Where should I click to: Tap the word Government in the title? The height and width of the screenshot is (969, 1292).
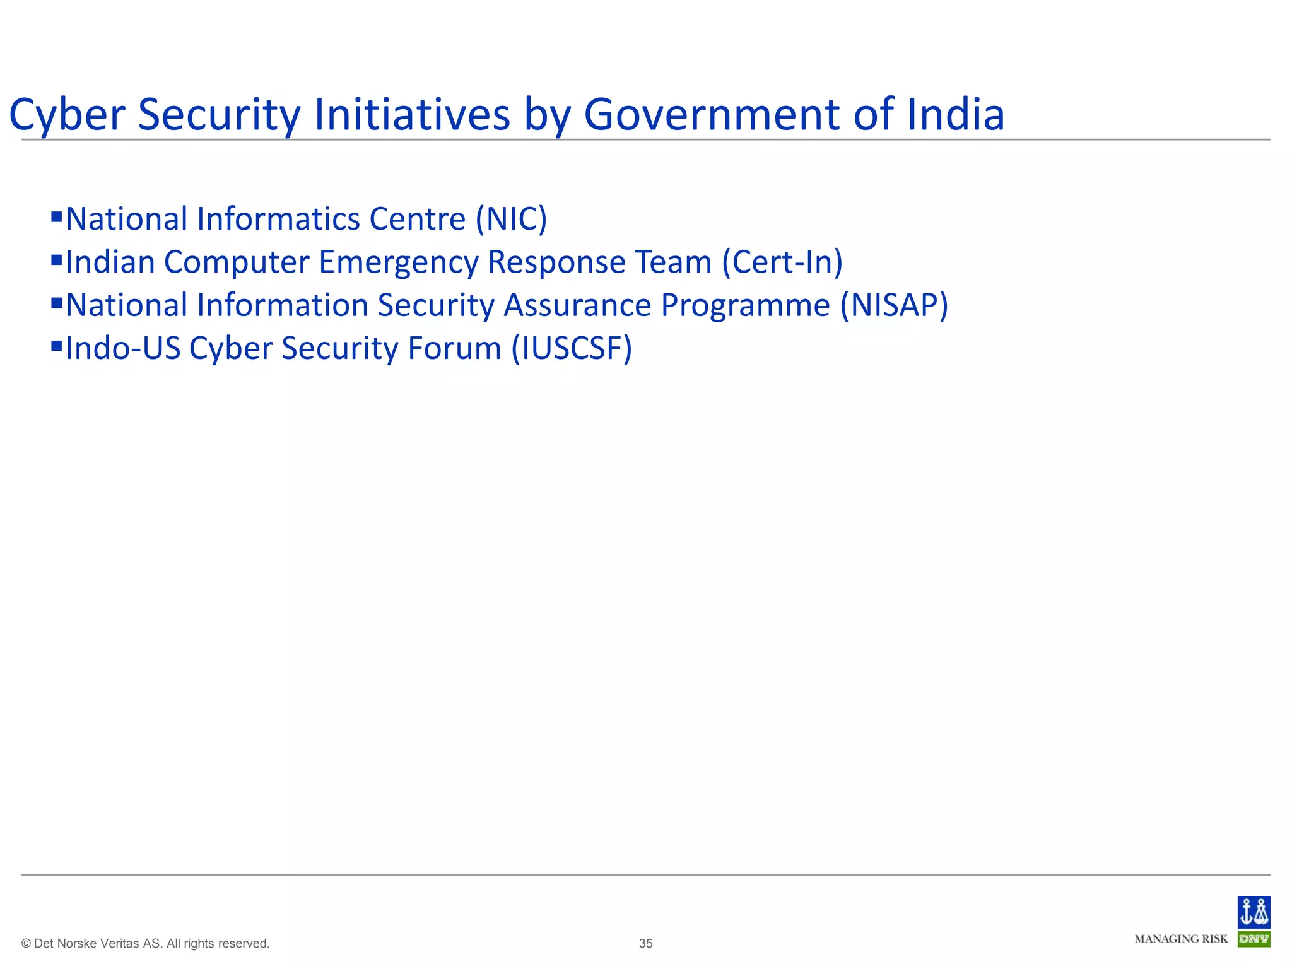click(712, 115)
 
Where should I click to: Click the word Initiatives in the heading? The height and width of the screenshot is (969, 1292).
click(411, 115)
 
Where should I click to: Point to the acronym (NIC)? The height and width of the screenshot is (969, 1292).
click(511, 219)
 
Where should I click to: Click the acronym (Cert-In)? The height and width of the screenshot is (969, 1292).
click(782, 262)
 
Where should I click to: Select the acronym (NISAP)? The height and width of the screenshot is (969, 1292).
click(894, 305)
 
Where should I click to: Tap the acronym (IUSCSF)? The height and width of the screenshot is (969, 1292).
click(572, 348)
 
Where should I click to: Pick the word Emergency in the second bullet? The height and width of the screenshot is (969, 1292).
click(398, 262)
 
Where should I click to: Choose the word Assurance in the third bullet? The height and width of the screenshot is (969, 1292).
click(577, 305)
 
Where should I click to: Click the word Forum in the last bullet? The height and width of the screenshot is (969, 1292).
click(454, 348)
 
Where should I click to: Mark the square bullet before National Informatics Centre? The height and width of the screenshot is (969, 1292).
click(56, 216)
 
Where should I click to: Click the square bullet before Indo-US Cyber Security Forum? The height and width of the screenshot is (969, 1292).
click(56, 345)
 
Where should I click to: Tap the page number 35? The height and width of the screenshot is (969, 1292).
click(645, 943)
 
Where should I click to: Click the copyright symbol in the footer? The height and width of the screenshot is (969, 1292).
click(26, 944)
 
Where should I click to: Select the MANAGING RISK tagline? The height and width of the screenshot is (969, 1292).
click(1181, 939)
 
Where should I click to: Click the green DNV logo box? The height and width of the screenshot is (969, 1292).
click(1254, 939)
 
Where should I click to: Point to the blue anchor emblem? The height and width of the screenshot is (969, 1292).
click(1254, 912)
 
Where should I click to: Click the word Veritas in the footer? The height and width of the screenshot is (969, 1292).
click(120, 943)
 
